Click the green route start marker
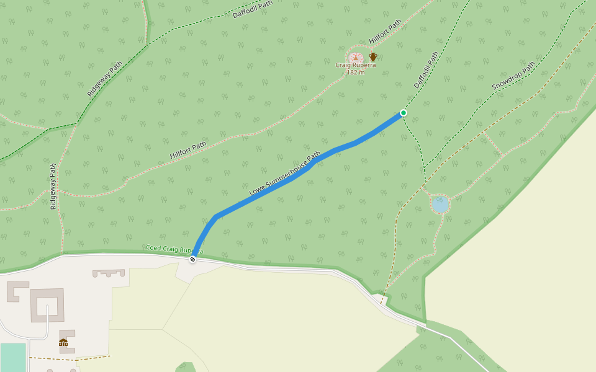(x=404, y=113)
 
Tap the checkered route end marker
(x=192, y=259)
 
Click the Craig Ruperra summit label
(x=356, y=65)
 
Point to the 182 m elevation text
(x=356, y=73)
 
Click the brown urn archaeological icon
(x=373, y=57)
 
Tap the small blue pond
(x=440, y=203)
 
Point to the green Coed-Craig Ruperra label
(x=174, y=249)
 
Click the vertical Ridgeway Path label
(x=53, y=186)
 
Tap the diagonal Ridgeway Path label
(x=105, y=78)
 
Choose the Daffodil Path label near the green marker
(x=426, y=69)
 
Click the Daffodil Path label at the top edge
(x=253, y=9)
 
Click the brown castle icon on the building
(x=63, y=342)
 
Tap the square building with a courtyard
(x=47, y=304)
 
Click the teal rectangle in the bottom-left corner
(x=13, y=358)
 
